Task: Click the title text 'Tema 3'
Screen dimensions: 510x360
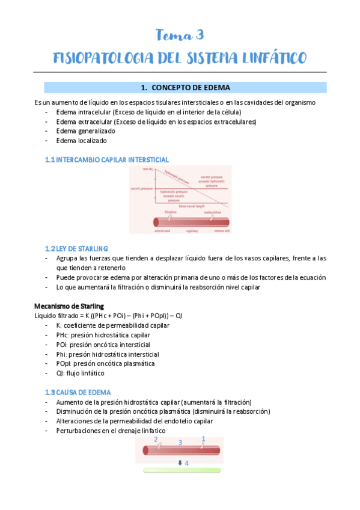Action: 180,35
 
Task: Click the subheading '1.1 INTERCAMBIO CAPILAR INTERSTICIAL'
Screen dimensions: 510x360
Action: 107,159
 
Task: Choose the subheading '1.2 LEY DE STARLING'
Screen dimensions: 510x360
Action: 76,248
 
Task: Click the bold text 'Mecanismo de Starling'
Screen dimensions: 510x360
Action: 69,306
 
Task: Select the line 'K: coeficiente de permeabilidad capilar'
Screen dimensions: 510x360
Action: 112,325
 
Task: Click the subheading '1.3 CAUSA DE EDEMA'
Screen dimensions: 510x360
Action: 78,392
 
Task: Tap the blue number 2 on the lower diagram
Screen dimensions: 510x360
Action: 156,440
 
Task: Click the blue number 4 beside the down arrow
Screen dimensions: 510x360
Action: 186,463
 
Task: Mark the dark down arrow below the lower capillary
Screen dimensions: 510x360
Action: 180,462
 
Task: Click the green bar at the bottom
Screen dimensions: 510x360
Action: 182,470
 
